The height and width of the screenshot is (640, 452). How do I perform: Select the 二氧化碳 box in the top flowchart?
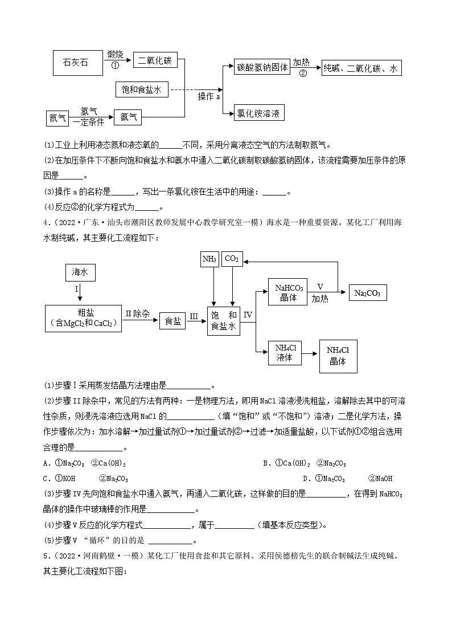(155, 60)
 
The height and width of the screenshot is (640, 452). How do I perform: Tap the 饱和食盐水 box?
(142, 89)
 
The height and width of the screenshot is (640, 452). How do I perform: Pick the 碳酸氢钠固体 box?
(262, 67)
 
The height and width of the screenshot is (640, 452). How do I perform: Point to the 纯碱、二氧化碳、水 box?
(361, 68)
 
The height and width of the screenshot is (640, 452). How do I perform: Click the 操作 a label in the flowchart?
(209, 97)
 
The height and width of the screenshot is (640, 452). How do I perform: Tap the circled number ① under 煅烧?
(115, 65)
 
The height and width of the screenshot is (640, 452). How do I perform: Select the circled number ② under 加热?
(303, 73)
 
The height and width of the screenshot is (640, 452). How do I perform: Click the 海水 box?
(80, 273)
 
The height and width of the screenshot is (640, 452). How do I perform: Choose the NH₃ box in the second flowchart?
(209, 259)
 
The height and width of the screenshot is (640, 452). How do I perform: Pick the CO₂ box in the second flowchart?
(232, 259)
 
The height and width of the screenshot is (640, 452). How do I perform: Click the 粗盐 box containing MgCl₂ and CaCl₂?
(83, 318)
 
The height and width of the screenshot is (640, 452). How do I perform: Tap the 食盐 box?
(172, 321)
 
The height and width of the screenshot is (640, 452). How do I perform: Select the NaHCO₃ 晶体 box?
(289, 292)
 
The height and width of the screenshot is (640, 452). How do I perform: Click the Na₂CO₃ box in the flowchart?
(367, 293)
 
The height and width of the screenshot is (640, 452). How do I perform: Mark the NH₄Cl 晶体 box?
(338, 357)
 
